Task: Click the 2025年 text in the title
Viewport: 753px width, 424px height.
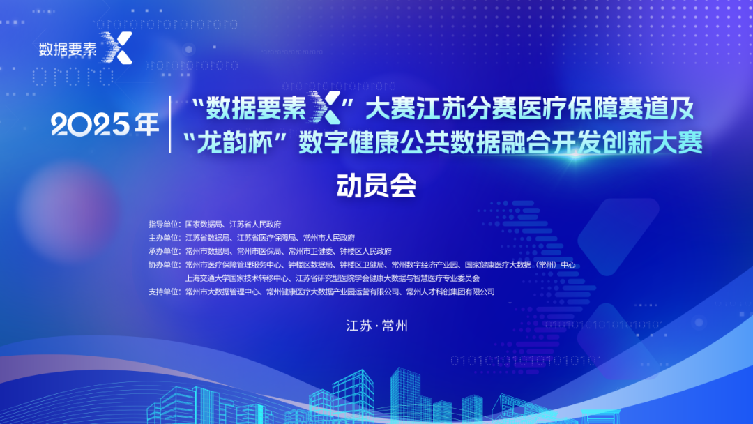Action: (105, 124)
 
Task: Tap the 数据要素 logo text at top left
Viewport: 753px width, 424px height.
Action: (68, 49)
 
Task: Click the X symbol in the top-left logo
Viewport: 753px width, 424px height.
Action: (117, 48)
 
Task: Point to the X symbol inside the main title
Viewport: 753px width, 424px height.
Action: (326, 107)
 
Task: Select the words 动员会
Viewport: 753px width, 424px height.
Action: (376, 185)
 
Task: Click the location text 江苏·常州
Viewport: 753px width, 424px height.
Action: (377, 326)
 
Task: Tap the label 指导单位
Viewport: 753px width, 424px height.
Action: (164, 225)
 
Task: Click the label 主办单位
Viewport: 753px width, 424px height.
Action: (164, 238)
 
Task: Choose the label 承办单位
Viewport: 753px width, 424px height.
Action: (164, 251)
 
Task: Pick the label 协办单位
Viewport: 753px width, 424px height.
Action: (164, 264)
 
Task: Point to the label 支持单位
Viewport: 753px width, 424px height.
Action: (164, 291)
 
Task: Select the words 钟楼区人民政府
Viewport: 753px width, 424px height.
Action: (366, 251)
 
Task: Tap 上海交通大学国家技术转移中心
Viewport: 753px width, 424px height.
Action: (238, 278)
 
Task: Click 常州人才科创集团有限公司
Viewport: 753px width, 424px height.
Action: (450, 291)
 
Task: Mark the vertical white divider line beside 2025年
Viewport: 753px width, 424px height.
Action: (171, 124)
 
